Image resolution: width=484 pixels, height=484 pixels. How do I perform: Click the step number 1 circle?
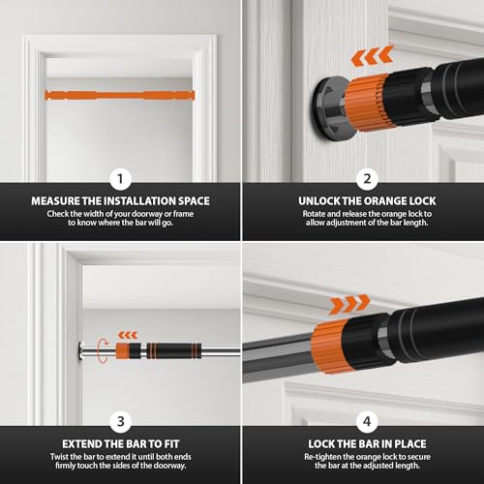click(x=120, y=178)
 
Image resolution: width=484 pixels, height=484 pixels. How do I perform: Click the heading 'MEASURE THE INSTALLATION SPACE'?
click(x=119, y=201)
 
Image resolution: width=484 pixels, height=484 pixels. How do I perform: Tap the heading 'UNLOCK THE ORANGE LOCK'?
click(x=364, y=201)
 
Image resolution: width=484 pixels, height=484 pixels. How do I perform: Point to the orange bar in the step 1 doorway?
click(x=119, y=94)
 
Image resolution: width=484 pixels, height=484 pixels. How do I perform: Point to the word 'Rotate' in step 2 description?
click(x=290, y=215)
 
